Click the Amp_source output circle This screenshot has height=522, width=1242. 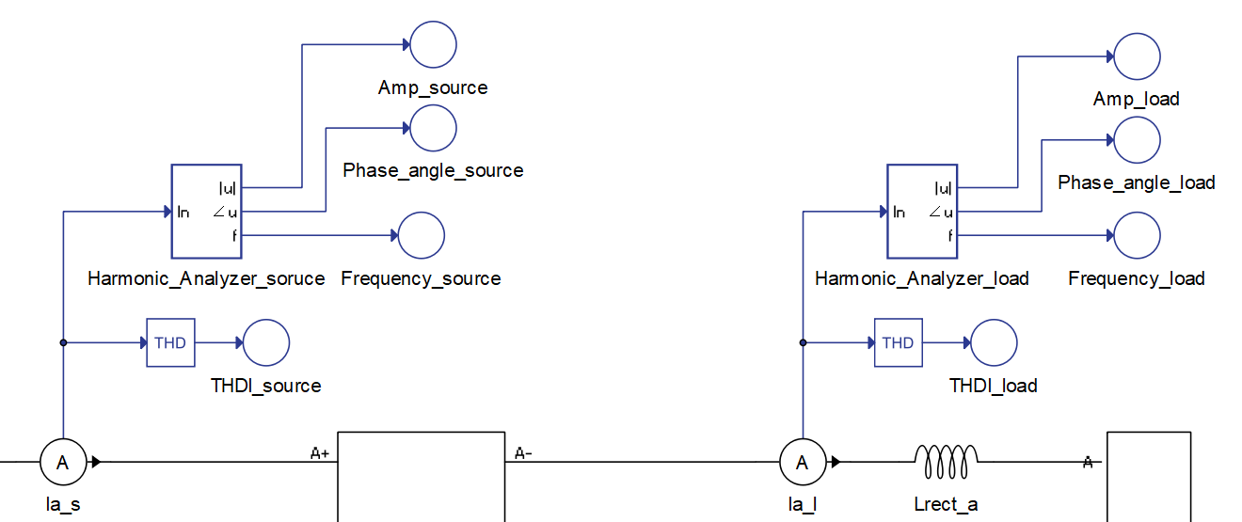pyautogui.click(x=433, y=44)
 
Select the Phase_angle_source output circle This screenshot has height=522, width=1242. pyautogui.click(x=433, y=128)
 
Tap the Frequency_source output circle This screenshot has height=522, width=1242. pyautogui.click(x=421, y=235)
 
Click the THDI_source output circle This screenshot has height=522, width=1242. pyautogui.click(x=266, y=342)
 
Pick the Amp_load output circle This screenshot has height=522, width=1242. pyautogui.click(x=1137, y=56)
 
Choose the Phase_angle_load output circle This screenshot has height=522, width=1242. pyautogui.click(x=1137, y=140)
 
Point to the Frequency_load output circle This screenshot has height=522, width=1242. pyautogui.click(x=1137, y=235)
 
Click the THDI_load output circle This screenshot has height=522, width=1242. pyautogui.click(x=994, y=342)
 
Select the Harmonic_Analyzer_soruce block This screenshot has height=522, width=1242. pyautogui.click(x=206, y=212)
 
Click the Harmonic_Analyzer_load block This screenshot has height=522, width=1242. pyautogui.click(x=922, y=212)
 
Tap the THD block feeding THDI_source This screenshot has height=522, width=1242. pyautogui.click(x=170, y=342)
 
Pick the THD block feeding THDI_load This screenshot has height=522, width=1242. pyautogui.click(x=898, y=342)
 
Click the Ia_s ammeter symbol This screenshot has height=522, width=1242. pyautogui.click(x=63, y=462)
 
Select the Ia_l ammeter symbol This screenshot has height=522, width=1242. pyautogui.click(x=803, y=462)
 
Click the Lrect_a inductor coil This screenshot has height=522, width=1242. pyautogui.click(x=947, y=459)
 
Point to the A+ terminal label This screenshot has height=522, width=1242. pyautogui.click(x=320, y=453)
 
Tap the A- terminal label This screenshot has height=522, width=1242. pyautogui.click(x=524, y=453)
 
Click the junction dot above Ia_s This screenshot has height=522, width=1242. pyautogui.click(x=63, y=342)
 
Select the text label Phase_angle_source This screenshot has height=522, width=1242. pyautogui.click(x=433, y=170)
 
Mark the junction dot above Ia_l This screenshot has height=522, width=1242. pyautogui.click(x=803, y=342)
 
